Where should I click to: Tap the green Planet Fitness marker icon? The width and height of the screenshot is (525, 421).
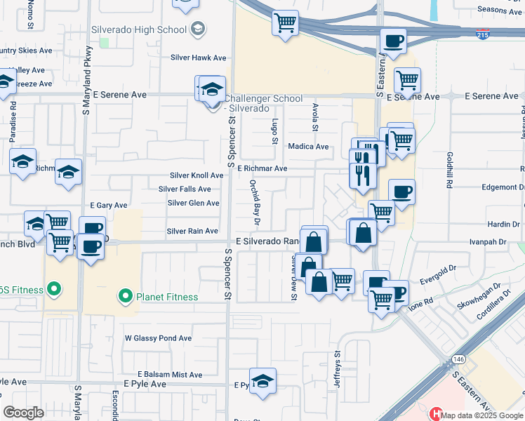(126, 296)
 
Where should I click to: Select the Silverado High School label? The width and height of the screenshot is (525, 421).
(148, 29)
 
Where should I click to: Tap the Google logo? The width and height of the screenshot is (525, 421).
(24, 413)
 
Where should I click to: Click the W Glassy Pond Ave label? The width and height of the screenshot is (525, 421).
(158, 338)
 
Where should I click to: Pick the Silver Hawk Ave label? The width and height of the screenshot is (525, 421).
(200, 58)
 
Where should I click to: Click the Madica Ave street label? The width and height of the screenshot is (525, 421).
(309, 147)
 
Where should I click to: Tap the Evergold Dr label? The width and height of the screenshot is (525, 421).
(437, 268)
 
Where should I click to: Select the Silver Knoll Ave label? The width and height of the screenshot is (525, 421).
(197, 175)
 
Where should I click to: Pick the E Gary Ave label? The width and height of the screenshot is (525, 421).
(109, 206)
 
